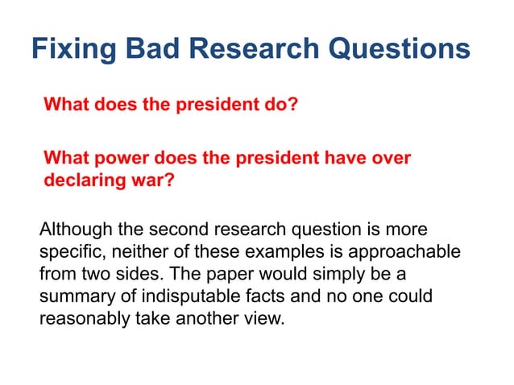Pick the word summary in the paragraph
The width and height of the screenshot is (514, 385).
pos(75,296)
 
